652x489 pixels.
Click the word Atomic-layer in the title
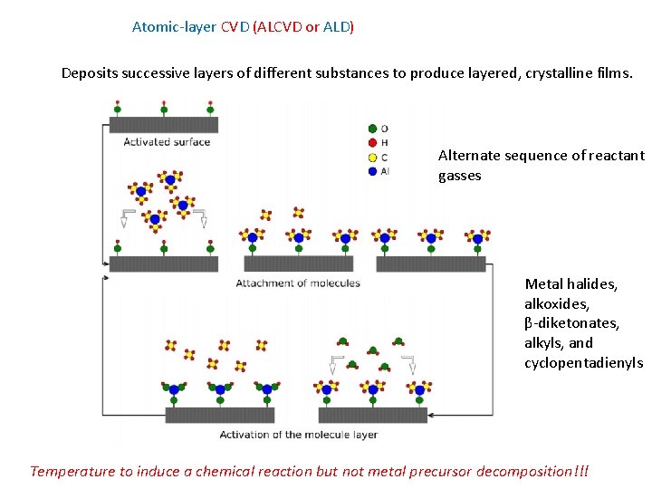(174, 27)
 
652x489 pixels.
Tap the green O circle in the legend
(372, 129)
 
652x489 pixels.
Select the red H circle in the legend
(372, 143)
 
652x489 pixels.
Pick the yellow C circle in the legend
(372, 157)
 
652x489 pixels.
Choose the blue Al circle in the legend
(372, 171)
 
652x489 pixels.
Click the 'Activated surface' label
(167, 141)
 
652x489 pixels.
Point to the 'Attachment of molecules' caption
(298, 283)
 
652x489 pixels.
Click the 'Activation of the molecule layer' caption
(298, 435)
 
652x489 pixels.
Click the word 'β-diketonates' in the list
(572, 323)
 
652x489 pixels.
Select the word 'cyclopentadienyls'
(583, 363)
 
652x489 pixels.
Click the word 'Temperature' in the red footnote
(72, 471)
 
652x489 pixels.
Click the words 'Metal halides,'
(570, 284)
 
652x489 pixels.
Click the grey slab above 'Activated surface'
(163, 125)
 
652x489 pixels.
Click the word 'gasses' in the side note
(460, 176)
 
